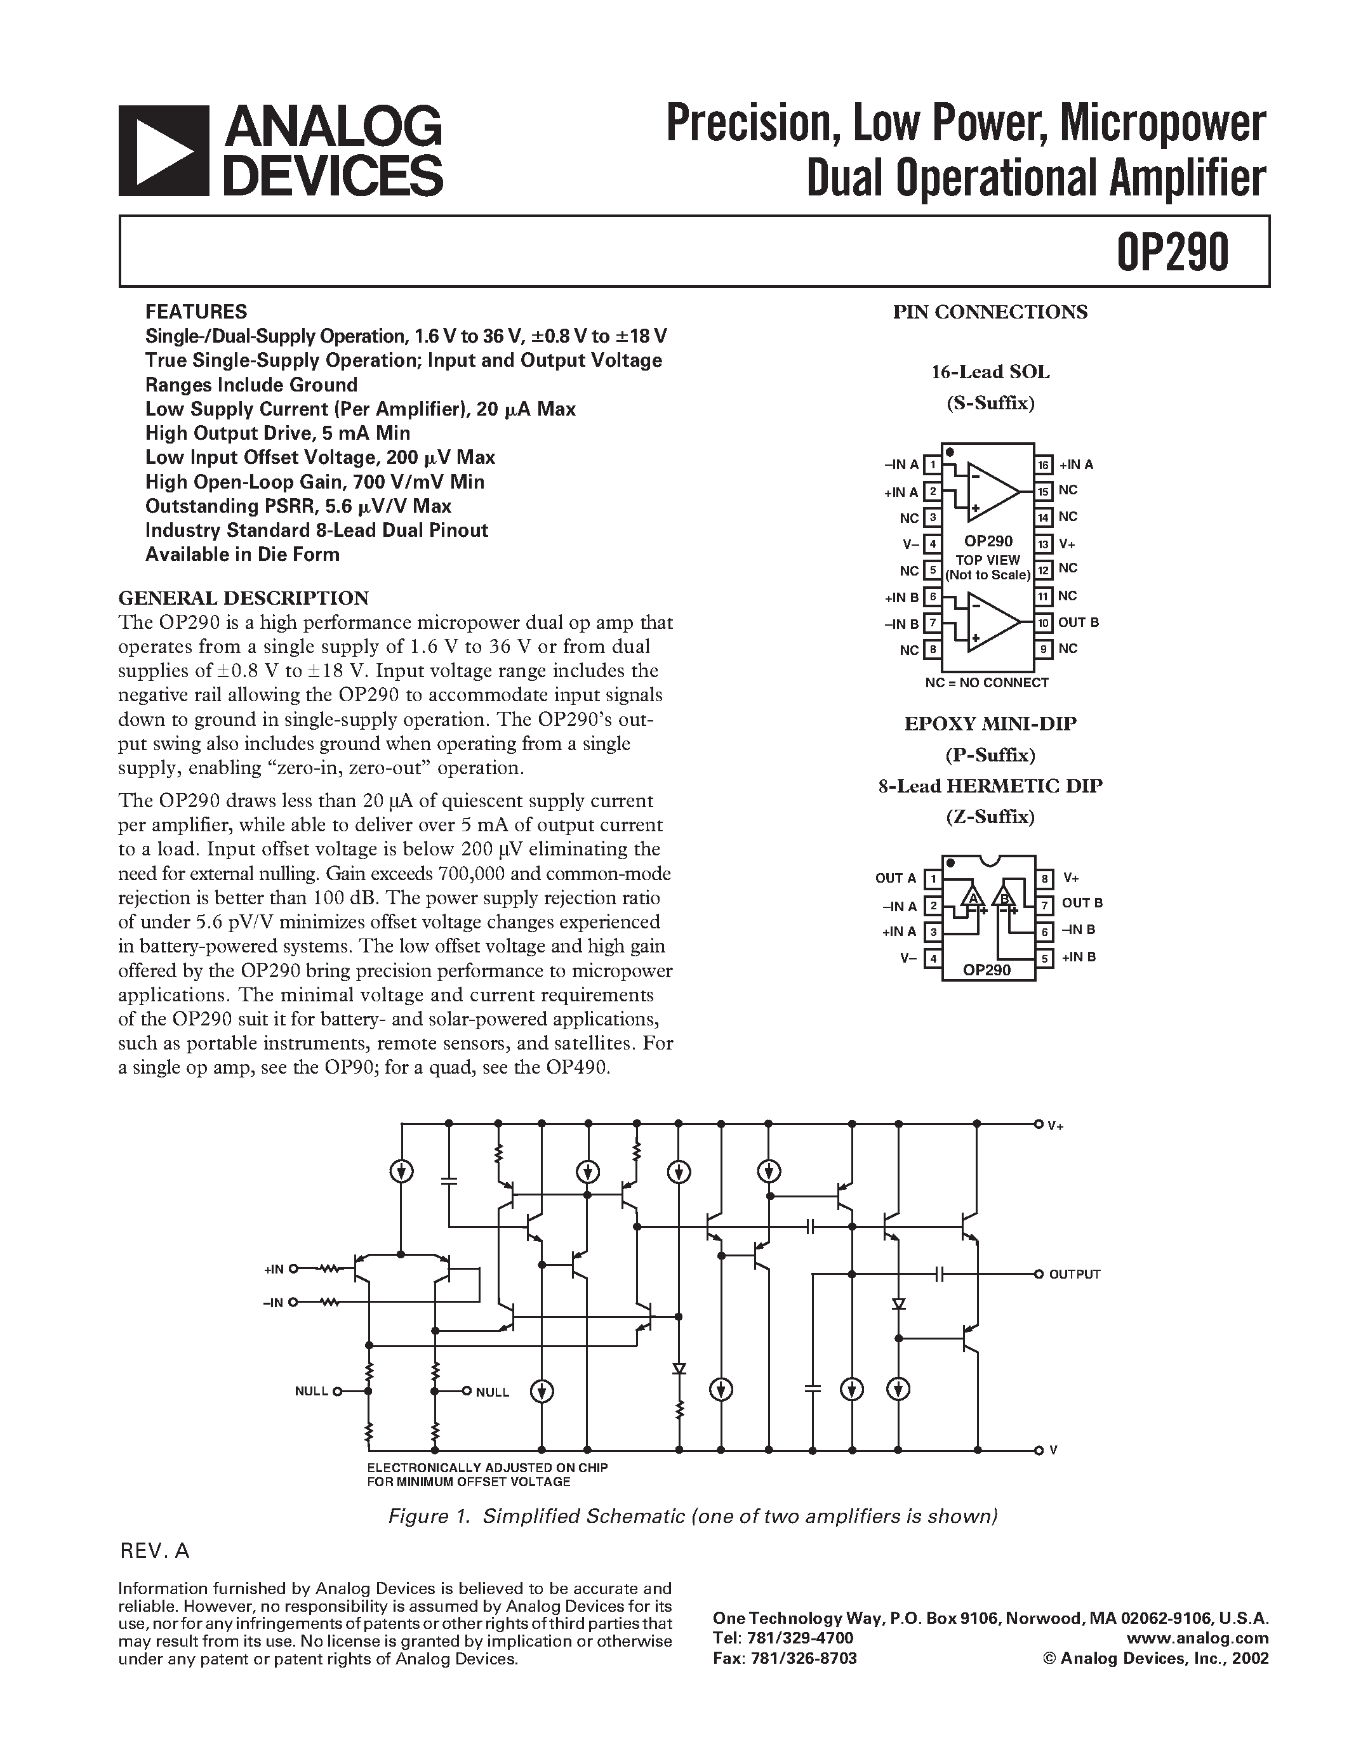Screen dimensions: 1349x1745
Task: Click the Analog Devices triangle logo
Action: (x=163, y=151)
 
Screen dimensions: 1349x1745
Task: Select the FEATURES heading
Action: (x=196, y=312)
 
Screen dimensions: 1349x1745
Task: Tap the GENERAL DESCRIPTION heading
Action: (x=243, y=598)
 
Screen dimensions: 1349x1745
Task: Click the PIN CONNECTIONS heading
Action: (x=990, y=312)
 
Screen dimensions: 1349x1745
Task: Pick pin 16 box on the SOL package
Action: (x=1043, y=465)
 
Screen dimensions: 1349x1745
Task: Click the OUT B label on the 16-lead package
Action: (x=1078, y=622)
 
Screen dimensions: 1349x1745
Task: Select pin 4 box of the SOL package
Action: (x=932, y=544)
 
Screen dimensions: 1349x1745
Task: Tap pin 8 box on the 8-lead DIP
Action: (x=1044, y=879)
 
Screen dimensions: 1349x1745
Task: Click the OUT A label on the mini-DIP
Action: (x=896, y=878)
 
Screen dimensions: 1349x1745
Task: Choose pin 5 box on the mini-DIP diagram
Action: (x=1044, y=957)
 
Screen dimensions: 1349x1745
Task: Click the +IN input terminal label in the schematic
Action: (x=274, y=1269)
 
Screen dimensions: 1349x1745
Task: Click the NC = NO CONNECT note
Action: (x=986, y=682)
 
